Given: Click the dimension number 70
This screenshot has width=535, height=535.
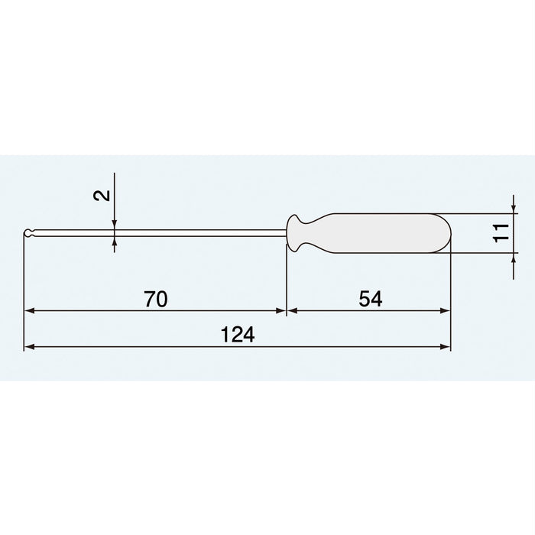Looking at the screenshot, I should pos(155,299).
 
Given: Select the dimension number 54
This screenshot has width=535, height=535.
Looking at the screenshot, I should pos(369,299).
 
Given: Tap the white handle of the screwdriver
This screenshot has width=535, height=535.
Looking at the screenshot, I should pos(382,232).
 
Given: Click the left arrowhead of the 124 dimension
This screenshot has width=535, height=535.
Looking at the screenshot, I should pos(29,347).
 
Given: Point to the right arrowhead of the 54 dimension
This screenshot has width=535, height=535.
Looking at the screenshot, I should pos(446,311).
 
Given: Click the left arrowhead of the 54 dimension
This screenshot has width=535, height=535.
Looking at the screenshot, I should pos(291,311).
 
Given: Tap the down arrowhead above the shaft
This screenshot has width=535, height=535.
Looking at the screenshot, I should pos(114,223).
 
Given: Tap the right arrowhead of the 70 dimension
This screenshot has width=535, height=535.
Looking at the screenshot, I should pos(280,311).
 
